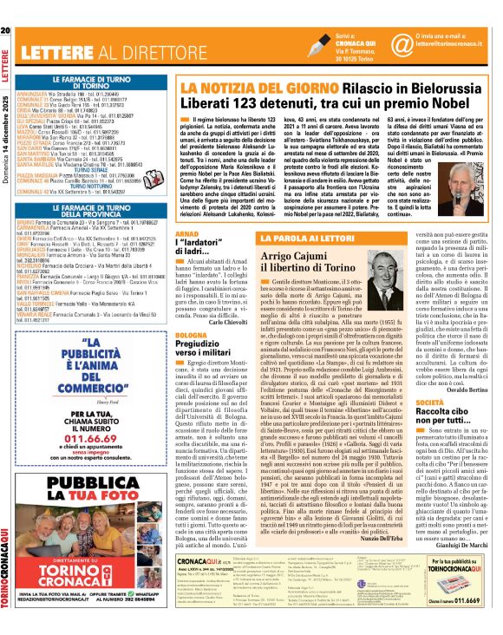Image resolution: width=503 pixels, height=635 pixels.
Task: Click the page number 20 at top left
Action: tap(5, 9)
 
